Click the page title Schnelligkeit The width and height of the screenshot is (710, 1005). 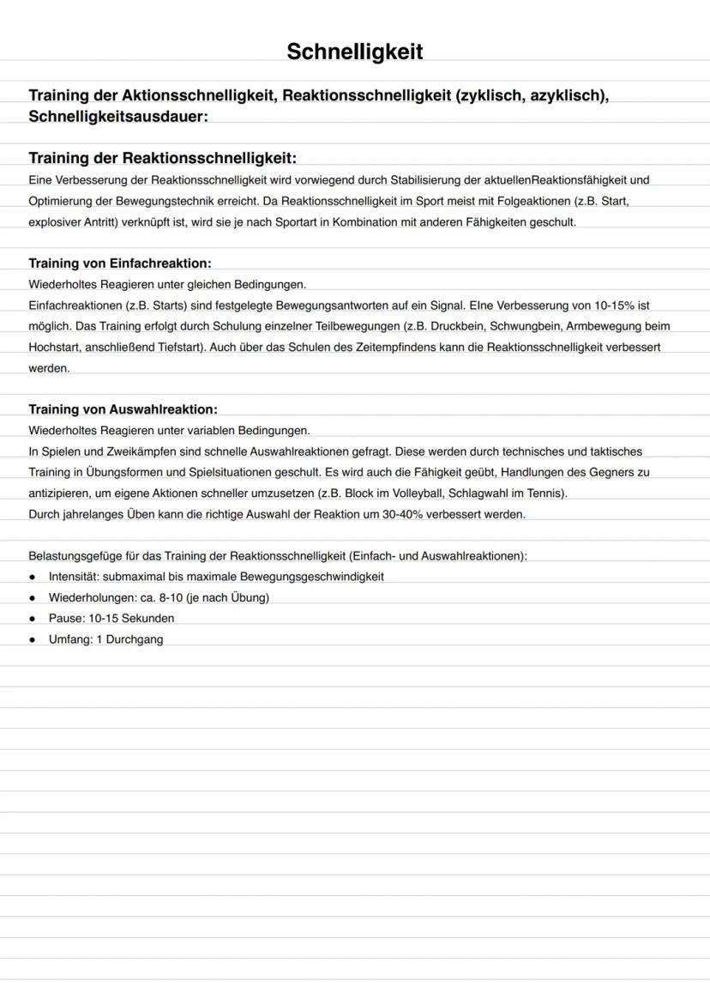[x=354, y=52]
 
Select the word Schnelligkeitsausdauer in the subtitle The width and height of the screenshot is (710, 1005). [x=118, y=117]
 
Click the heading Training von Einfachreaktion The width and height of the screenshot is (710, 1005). [x=120, y=263]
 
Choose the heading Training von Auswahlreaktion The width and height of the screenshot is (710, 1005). [x=123, y=409]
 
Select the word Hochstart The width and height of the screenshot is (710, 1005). [x=55, y=348]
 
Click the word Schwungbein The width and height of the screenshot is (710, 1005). [x=523, y=326]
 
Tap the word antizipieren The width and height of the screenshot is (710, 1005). [x=63, y=493]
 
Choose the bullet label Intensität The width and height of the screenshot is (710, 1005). [x=73, y=577]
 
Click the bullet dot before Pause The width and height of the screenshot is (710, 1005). [x=33, y=619]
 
